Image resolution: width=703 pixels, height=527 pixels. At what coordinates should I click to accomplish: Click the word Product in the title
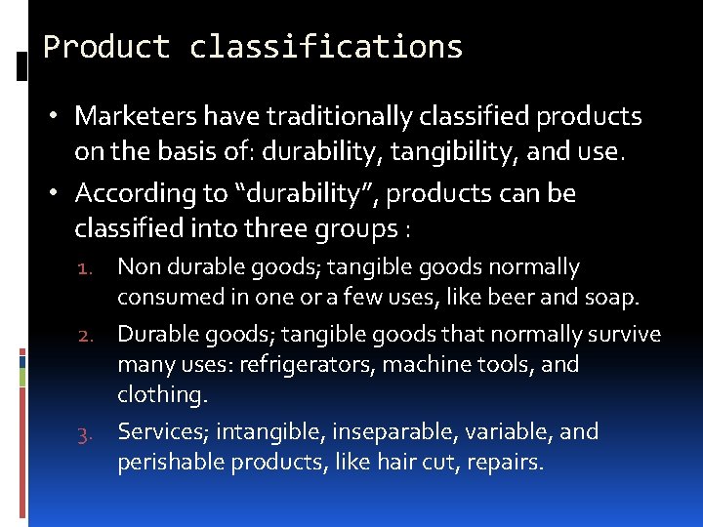106,46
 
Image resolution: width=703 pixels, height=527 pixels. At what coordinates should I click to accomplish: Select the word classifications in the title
326,46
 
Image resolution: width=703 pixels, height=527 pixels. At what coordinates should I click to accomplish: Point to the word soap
612,296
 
